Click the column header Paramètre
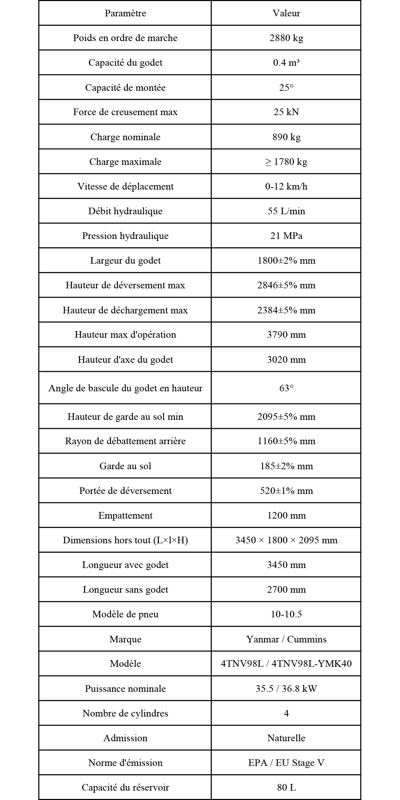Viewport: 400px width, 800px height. [x=125, y=13]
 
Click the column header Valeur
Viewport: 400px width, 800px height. [x=286, y=13]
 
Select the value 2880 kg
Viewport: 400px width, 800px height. [x=286, y=38]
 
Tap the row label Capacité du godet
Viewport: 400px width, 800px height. [x=125, y=63]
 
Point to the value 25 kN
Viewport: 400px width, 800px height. [x=286, y=112]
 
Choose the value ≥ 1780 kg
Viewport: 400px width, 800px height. [x=286, y=162]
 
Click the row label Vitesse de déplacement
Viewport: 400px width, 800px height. [x=125, y=186]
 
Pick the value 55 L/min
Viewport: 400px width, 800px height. [x=286, y=211]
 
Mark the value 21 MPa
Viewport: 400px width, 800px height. [x=286, y=236]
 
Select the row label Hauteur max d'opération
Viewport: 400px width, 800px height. [x=125, y=335]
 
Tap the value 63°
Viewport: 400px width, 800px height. [x=286, y=388]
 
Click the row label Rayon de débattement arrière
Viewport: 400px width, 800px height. [x=125, y=441]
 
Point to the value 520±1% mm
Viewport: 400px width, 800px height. [x=286, y=491]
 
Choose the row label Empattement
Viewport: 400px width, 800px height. [x=125, y=515]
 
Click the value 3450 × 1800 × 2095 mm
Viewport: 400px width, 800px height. [x=286, y=540]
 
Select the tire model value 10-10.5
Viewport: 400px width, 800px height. [x=286, y=614]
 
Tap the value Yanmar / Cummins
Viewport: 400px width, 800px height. [x=286, y=639]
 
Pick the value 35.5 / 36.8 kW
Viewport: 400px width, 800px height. [x=286, y=689]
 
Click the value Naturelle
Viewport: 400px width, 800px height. [x=286, y=738]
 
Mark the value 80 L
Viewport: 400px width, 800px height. [x=286, y=787]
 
